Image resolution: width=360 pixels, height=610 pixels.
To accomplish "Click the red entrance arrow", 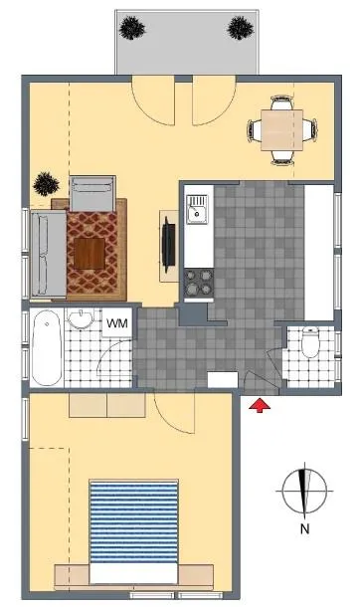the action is tap(260, 405).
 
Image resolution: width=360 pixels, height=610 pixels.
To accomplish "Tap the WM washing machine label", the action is tap(117, 322).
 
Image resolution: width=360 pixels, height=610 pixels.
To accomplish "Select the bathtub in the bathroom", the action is tap(47, 348).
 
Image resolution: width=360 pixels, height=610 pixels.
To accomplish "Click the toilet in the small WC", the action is tap(310, 342).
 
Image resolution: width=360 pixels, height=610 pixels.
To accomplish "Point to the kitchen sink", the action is tap(197, 209).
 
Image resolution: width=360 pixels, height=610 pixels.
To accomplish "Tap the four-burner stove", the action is tap(199, 283).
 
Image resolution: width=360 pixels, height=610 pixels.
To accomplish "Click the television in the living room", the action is tap(168, 245).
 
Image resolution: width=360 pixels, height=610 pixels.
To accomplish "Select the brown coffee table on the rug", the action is tap(90, 254).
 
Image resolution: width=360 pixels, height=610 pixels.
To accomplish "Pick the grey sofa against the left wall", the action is tap(48, 254).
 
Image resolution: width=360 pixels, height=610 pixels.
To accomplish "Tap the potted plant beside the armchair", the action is tap(46, 184).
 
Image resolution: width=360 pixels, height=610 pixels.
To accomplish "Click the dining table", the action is tap(281, 130).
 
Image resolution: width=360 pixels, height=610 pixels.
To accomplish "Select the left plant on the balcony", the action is tap(132, 27).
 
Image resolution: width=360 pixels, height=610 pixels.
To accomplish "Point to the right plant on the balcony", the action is tap(241, 28).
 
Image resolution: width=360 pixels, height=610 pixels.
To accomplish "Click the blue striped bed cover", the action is tap(133, 522).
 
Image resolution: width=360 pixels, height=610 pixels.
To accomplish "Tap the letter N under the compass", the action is tap(304, 528).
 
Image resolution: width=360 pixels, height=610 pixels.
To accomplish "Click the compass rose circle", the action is tap(304, 491).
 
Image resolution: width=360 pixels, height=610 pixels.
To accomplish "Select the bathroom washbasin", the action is tap(81, 319).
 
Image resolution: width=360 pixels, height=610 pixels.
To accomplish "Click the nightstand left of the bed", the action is tap(72, 574).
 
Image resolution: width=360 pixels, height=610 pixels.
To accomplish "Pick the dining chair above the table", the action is tap(281, 102).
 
